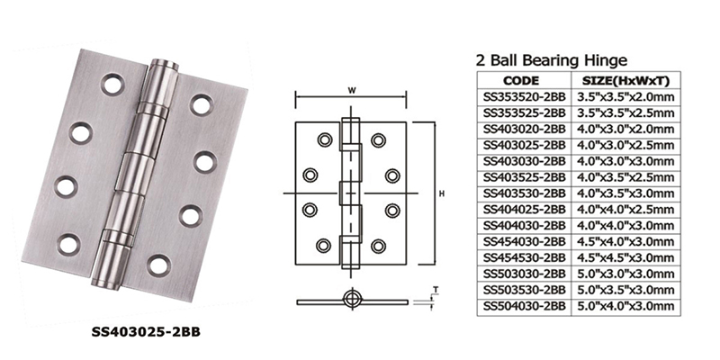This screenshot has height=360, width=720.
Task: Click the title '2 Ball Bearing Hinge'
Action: [551, 60]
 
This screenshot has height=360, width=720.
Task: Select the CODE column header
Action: [521, 81]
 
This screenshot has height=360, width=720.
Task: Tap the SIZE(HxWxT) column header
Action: [625, 81]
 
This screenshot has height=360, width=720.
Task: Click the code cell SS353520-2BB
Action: [524, 97]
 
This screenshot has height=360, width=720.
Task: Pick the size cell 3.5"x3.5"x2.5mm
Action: [625, 113]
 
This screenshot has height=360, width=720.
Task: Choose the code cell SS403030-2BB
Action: [524, 161]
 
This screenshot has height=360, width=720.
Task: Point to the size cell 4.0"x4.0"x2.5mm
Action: [625, 210]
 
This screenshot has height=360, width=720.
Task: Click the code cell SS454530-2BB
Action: [524, 257]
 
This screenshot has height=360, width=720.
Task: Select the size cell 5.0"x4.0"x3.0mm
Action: [625, 306]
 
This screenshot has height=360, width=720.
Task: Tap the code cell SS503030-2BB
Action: [524, 274]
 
